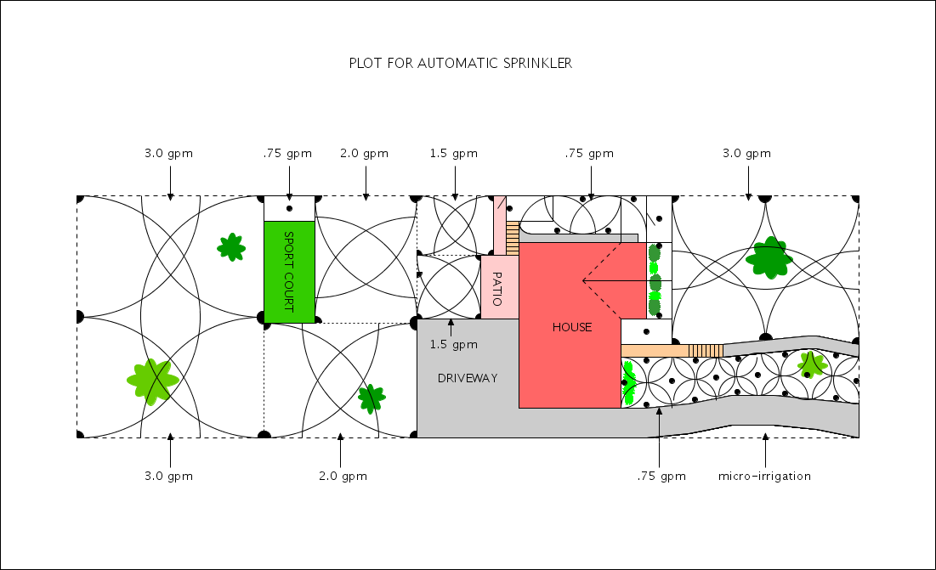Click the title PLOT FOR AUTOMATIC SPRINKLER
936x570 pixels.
tap(461, 64)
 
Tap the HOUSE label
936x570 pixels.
tap(572, 327)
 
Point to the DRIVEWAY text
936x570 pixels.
tap(468, 377)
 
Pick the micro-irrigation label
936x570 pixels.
tap(765, 476)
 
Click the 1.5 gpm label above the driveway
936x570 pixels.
tap(453, 344)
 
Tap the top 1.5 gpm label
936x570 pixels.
tap(453, 154)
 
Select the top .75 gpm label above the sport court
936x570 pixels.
tap(287, 154)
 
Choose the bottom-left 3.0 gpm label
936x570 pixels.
tap(168, 476)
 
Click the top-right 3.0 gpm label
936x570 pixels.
tap(746, 154)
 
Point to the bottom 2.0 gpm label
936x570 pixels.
tap(343, 476)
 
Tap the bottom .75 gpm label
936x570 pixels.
tap(661, 476)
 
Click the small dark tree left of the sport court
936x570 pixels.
tap(230, 247)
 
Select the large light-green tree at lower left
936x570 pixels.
tap(153, 380)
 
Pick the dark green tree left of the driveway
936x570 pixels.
tap(371, 397)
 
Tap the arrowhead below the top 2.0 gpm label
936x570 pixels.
tap(366, 196)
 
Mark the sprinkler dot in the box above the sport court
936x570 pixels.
tap(289, 208)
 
